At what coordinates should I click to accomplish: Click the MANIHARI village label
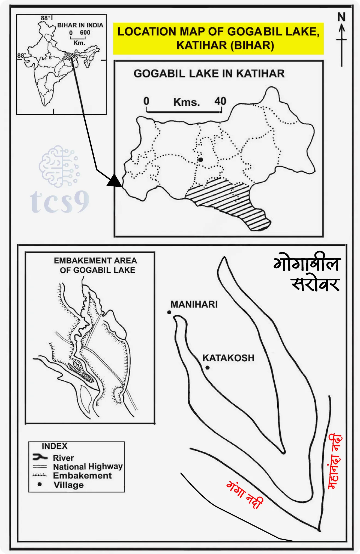coord(194,304)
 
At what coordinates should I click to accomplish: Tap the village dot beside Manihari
coord(169,312)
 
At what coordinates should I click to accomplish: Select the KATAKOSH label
coord(228,358)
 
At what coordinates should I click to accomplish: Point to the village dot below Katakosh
coord(208,368)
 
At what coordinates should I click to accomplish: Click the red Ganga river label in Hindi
coord(245,494)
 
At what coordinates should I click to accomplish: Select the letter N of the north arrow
coord(341,17)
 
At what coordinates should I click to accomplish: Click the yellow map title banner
coord(218,38)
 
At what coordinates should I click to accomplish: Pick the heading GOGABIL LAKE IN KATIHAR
coord(209,74)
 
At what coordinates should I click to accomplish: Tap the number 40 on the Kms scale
coord(220,102)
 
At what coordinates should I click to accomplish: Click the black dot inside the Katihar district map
coord(201,159)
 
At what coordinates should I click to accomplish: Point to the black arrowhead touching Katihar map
coord(115,181)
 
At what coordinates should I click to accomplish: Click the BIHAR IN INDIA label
coord(80,25)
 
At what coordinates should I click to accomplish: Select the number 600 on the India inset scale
coord(85,33)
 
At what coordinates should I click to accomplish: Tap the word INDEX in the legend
coord(55,446)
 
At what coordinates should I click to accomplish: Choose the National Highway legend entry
coord(88,466)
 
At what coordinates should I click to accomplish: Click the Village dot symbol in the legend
coord(40,484)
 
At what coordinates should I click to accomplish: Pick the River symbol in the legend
coord(40,457)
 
